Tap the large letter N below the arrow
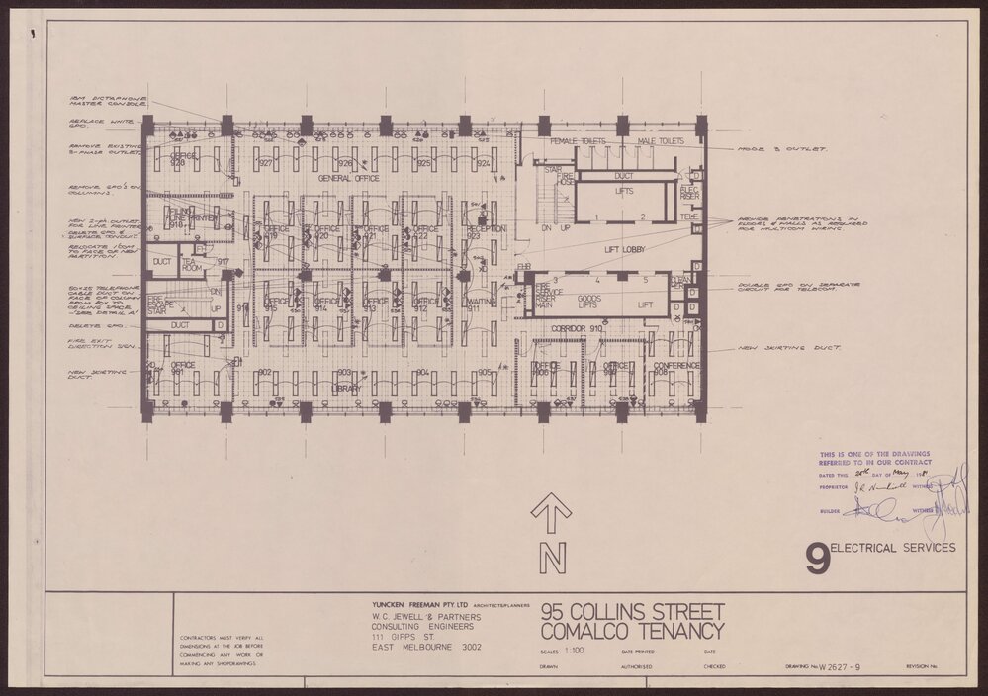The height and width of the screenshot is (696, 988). (x=552, y=559)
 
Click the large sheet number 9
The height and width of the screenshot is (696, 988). (x=817, y=560)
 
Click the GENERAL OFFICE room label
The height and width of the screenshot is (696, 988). (x=349, y=178)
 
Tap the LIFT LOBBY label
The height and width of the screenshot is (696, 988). (x=625, y=250)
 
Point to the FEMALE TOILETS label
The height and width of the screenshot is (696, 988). (x=578, y=142)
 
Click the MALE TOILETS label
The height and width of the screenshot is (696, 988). (x=661, y=142)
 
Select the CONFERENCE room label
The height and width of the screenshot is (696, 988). (x=676, y=365)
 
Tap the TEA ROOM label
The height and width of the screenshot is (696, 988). (x=192, y=264)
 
